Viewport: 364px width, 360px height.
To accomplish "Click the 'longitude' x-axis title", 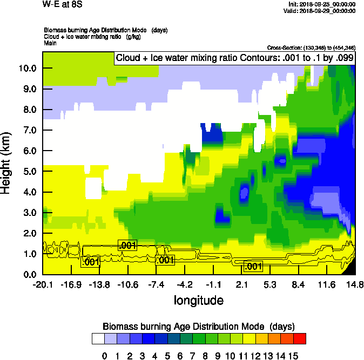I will [198, 300].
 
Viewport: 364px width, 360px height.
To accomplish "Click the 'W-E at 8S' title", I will [60, 5].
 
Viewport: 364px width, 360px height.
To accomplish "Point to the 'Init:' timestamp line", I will [322, 4].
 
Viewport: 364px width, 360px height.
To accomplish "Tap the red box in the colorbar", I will [300, 339].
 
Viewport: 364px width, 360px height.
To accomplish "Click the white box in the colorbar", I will [98, 339].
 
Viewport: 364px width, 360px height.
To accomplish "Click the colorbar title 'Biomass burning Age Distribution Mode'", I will [198, 327].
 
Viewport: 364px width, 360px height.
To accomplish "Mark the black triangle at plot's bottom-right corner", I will [350, 267].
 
